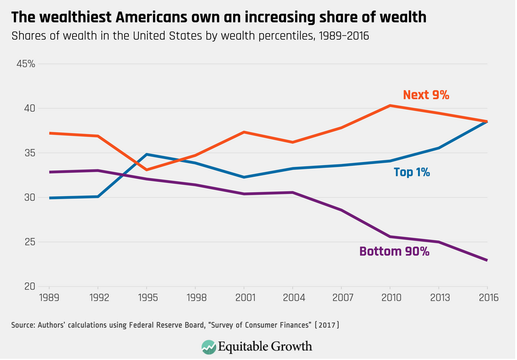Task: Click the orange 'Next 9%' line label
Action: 426,95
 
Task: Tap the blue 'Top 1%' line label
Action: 412,172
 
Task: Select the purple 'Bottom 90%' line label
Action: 394,251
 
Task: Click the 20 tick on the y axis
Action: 29,287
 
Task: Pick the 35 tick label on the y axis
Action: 29,153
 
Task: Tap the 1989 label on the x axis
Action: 49,298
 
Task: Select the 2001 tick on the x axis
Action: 244,298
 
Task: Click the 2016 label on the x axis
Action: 487,298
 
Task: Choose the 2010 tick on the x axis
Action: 389,298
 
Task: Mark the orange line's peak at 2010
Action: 390,106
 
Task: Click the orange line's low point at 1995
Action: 146,170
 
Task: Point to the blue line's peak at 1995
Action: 146,154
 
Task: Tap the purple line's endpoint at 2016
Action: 487,260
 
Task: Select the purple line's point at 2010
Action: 390,237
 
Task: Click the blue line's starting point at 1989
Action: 49,198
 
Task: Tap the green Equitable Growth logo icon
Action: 208,347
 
